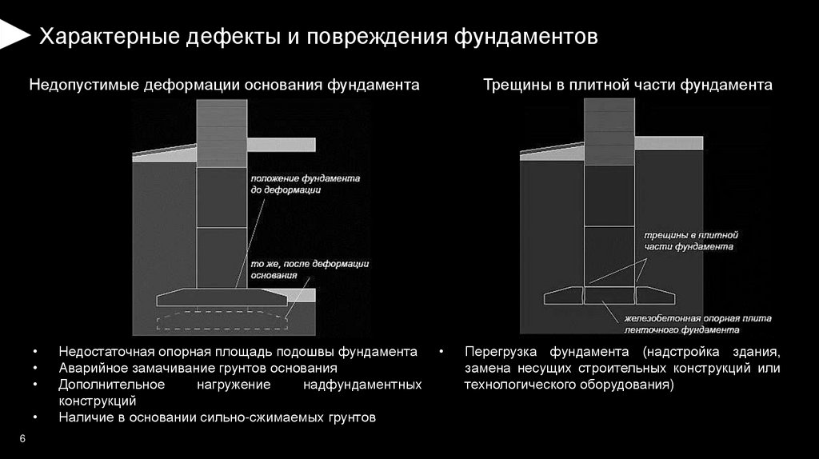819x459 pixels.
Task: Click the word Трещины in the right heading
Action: pos(517,85)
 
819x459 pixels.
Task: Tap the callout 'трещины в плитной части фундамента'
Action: pos(689,241)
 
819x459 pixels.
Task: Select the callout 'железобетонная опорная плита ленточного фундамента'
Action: pos(697,323)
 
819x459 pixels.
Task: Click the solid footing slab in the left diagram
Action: pos(221,297)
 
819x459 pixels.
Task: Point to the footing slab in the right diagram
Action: pos(610,296)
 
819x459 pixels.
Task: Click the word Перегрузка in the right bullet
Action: pos(501,352)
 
